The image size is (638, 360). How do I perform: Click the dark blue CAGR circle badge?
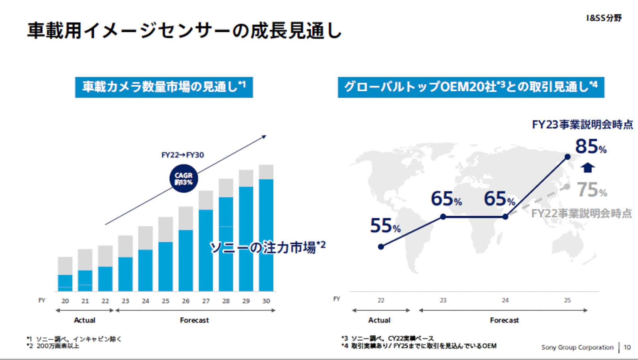coord(183,179)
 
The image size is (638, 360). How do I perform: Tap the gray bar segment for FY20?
coord(65,266)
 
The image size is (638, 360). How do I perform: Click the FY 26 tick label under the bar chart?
coord(186,301)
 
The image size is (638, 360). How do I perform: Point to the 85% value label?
coord(590,146)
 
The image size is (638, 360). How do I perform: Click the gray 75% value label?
coord(591,190)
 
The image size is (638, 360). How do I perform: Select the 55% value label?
coord(385,226)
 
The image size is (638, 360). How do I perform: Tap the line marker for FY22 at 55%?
coord(381,247)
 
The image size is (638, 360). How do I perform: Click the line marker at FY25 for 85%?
coord(568,157)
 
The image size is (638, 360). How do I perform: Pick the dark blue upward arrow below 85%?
coord(587,168)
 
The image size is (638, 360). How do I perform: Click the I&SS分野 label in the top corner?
coord(604,18)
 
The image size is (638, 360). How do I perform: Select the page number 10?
coord(627,347)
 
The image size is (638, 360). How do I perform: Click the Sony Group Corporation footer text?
coord(577,347)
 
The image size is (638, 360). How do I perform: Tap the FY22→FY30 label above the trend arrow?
coord(182,155)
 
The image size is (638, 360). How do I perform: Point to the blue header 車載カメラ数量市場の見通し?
coord(164,87)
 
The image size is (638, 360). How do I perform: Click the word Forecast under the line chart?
coord(504,320)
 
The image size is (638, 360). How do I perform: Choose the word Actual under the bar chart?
coord(84,320)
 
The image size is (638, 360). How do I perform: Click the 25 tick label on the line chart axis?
coord(567,300)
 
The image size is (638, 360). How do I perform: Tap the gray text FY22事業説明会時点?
coord(582,213)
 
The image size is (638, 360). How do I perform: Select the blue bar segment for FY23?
coord(125,274)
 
